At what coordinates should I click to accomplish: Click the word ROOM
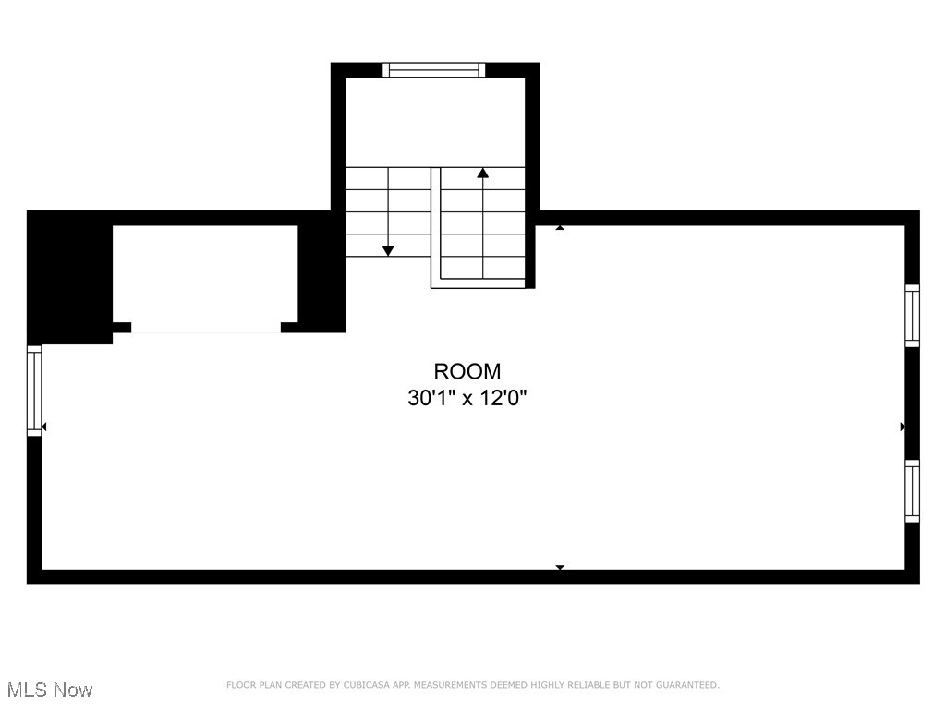point(467,371)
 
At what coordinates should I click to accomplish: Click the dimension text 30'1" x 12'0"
point(467,398)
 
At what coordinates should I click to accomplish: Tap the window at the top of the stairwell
point(433,69)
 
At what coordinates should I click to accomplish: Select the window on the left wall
point(34,390)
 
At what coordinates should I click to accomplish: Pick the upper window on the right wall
point(912,315)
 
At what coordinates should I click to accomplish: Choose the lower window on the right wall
point(912,491)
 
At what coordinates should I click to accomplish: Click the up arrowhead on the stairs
point(482,173)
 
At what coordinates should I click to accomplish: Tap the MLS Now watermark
point(49,690)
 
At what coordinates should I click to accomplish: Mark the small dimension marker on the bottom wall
point(559,567)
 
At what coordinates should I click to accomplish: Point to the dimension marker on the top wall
point(559,226)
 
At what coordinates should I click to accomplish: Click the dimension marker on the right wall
point(903,427)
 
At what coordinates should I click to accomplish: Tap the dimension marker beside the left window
point(44,427)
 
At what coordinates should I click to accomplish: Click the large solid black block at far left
point(69,277)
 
